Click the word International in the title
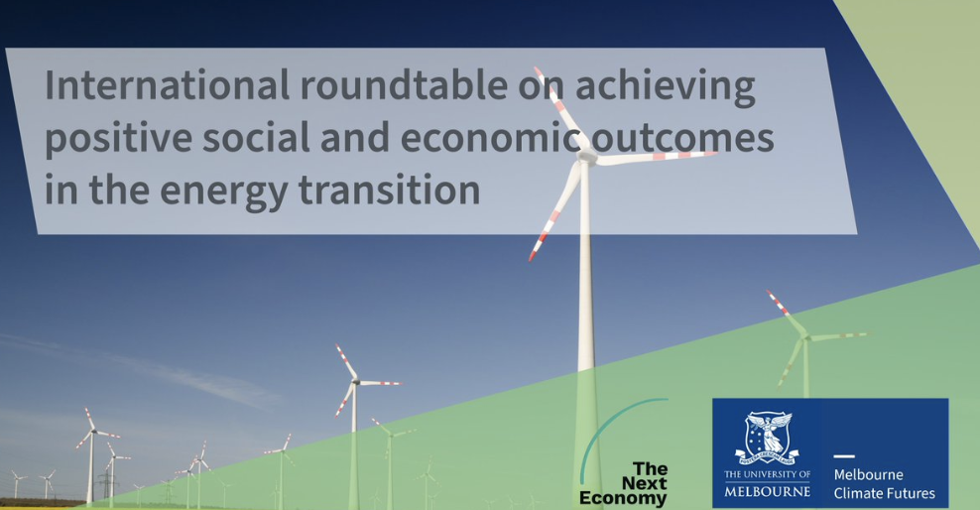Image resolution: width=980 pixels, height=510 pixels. click(167, 85)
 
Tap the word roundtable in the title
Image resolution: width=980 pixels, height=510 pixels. click(404, 85)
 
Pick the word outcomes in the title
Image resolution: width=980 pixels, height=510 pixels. click(682, 139)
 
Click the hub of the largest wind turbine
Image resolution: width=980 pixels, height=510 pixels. click(586, 155)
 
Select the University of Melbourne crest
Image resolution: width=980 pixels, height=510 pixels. click(768, 439)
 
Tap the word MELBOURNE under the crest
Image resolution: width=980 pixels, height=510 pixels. click(768, 492)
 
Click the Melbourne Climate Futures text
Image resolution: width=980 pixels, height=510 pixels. click(885, 484)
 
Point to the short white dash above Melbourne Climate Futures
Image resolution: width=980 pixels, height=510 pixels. click(844, 456)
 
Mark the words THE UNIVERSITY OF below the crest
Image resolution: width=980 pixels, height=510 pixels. click(768, 474)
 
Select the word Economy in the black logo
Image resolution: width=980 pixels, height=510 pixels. click(623, 499)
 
